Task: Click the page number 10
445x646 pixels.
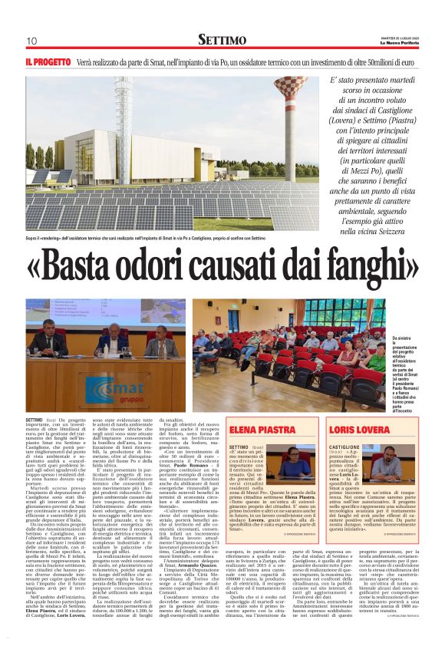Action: (31, 41)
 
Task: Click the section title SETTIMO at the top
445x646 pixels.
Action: (222, 39)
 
